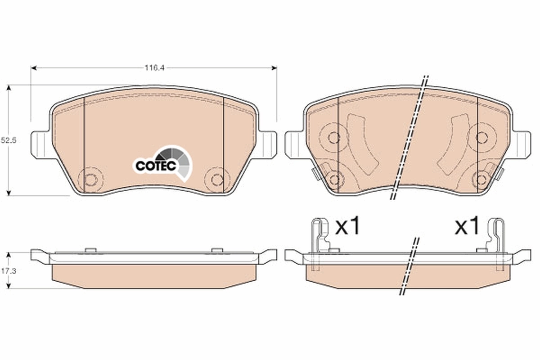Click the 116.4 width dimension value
tap(153, 68)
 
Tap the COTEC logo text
tap(151, 166)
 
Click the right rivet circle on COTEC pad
tap(217, 180)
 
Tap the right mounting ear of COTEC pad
tap(268, 144)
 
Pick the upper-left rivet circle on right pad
tap(333, 138)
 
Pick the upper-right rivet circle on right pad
tap(482, 138)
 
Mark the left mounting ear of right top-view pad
tap(294, 144)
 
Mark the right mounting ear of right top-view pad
tap(522, 144)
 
